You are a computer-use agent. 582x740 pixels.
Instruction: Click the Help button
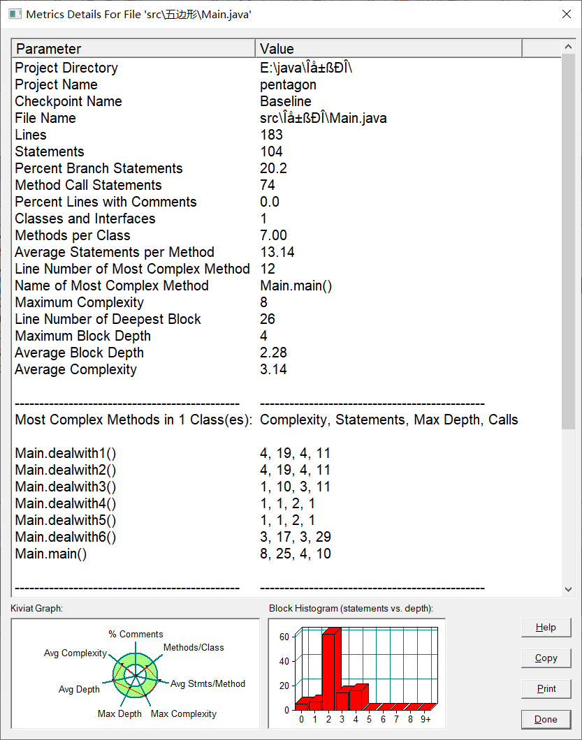click(x=546, y=628)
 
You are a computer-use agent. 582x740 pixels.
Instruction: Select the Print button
click(x=546, y=689)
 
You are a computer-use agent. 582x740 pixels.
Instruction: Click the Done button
click(x=546, y=720)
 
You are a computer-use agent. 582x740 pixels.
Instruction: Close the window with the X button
click(x=566, y=14)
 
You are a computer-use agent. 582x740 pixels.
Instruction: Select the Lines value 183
click(x=271, y=135)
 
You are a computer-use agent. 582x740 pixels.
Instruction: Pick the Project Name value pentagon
click(x=288, y=84)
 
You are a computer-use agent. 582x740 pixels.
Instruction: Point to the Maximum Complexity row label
click(x=79, y=302)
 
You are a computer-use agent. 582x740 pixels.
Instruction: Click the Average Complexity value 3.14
click(x=273, y=369)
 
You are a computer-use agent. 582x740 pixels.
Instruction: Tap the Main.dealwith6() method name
click(x=66, y=537)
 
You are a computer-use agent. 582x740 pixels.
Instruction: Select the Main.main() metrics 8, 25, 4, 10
click(x=296, y=554)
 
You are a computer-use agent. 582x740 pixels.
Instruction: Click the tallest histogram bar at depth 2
click(x=330, y=670)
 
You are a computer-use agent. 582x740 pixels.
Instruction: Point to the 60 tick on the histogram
click(x=284, y=637)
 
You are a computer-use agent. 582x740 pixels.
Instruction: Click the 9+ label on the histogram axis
click(x=425, y=720)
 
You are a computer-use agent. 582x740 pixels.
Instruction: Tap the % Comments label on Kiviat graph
click(x=136, y=634)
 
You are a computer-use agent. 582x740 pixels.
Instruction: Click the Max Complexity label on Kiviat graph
click(x=184, y=713)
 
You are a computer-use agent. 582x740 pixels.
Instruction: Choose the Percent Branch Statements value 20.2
click(x=273, y=168)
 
